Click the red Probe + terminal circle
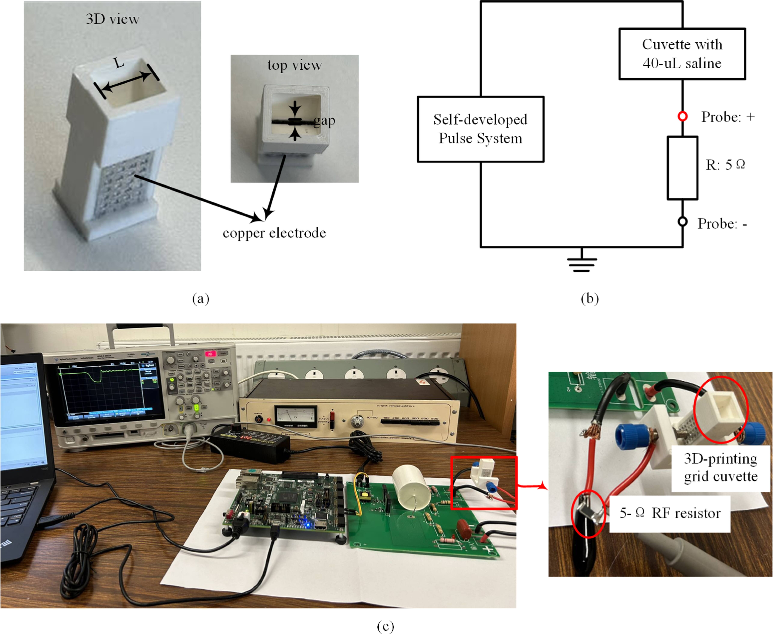[682, 116]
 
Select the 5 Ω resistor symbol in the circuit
[682, 168]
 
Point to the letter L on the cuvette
[119, 63]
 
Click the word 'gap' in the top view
[324, 121]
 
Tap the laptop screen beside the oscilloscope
[20, 413]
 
